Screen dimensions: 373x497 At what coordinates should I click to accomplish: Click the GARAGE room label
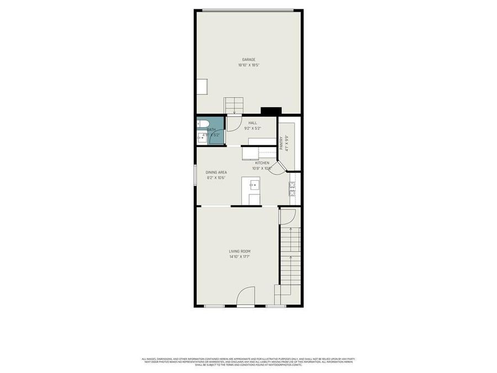coord(248,60)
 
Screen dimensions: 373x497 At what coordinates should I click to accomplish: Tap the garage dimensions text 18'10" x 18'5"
coord(248,65)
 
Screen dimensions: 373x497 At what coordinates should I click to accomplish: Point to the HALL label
coord(252,123)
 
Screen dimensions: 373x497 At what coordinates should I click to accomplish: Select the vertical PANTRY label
coord(281,143)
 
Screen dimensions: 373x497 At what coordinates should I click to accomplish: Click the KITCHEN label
coord(262,163)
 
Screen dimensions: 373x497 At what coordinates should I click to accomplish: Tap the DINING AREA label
coord(216,172)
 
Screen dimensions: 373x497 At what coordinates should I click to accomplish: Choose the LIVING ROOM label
coord(240,251)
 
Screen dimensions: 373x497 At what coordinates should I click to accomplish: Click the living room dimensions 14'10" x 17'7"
coord(240,257)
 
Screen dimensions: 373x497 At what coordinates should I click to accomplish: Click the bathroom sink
coord(201,138)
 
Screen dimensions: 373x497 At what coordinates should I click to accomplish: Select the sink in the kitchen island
coord(255,184)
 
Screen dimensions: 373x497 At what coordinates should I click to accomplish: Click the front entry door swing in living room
coord(246,296)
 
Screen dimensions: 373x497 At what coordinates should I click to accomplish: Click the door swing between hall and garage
coord(234,123)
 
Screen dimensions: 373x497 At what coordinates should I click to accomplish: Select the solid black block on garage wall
coord(271,111)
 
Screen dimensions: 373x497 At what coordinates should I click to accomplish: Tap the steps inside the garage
coord(234,104)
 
